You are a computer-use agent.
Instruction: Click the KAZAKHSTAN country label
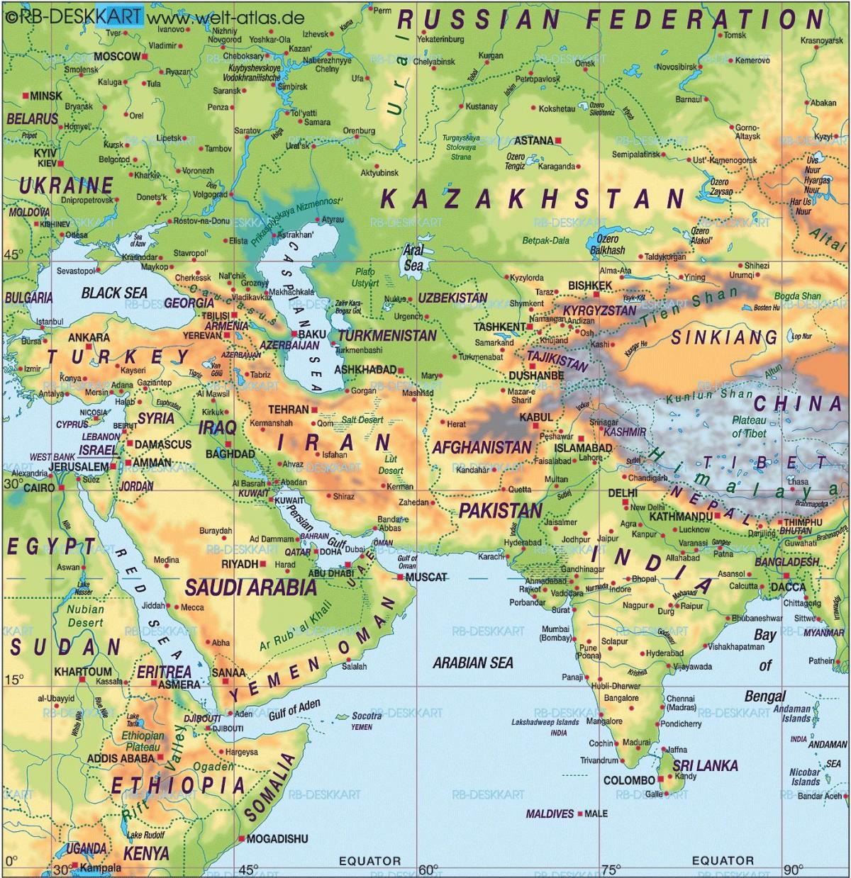tap(532, 198)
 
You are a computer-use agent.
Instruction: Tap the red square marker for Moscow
tap(145, 56)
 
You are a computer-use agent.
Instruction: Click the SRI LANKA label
tap(705, 765)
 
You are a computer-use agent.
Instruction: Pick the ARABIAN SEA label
tap(473, 663)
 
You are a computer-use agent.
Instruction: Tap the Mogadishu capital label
tap(277, 839)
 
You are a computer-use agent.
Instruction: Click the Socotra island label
tap(367, 716)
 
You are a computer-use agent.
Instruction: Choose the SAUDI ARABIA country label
tap(250, 587)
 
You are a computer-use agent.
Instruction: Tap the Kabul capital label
tap(535, 418)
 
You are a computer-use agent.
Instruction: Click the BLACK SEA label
tap(114, 293)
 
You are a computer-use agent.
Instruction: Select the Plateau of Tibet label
tap(749, 427)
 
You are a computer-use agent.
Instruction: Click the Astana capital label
tap(533, 140)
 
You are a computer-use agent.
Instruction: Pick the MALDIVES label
tap(550, 814)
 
